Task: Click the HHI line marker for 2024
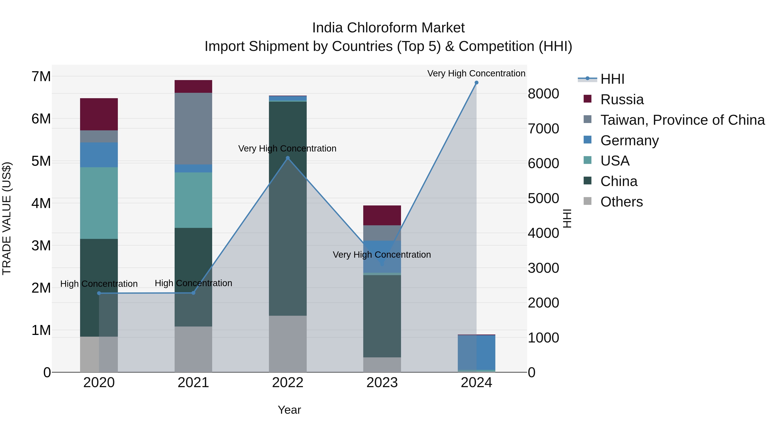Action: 476,83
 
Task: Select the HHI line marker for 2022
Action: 287,158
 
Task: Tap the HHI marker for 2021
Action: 193,293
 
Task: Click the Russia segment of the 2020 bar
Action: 99,114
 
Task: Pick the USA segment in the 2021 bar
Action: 193,200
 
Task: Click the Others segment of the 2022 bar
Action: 287,344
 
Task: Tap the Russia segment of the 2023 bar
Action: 382,215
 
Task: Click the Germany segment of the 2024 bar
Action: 476,352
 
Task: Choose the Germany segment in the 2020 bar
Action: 99,155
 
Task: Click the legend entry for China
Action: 618,181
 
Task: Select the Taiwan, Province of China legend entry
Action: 682,120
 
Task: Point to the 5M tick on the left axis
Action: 41,161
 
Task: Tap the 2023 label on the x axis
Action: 382,383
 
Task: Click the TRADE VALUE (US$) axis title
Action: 7,218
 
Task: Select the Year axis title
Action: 289,410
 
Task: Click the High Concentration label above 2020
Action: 99,284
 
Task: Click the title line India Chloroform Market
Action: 388,28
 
